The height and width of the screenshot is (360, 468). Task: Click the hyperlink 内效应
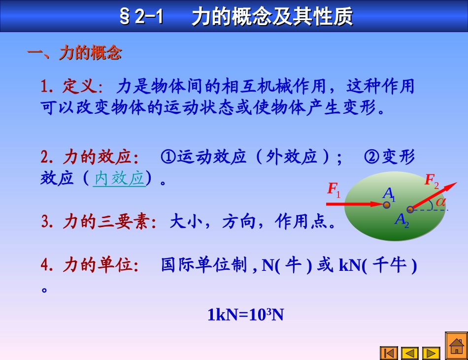coord(119,178)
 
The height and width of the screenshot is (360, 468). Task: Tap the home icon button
coord(456,347)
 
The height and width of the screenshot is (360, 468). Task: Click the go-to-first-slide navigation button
coord(389,353)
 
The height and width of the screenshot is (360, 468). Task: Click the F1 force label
coord(334,190)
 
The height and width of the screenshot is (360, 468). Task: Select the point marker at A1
coord(387,204)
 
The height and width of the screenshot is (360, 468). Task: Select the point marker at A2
coord(410,209)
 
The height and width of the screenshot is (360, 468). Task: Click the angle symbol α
coord(440,201)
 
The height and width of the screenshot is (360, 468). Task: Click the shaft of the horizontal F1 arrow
coord(355,203)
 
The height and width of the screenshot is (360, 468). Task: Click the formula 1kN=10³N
coord(245,314)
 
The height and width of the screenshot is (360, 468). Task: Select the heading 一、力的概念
coord(74,53)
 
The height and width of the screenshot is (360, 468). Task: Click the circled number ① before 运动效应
coord(168,157)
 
